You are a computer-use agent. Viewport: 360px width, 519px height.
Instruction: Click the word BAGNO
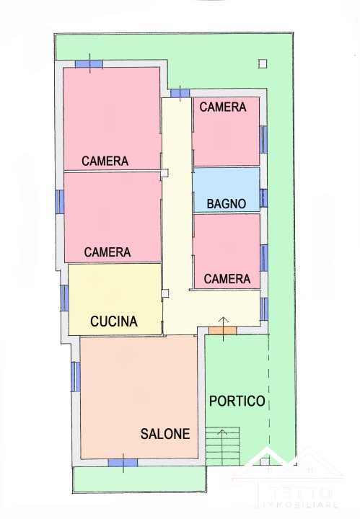coord(227,203)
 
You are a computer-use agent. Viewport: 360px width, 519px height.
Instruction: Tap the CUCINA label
coord(113,321)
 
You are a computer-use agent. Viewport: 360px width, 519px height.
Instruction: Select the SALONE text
coord(165,434)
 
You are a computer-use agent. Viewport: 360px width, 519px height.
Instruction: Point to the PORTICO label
coord(237,401)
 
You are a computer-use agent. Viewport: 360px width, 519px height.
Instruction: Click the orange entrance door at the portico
coord(222,330)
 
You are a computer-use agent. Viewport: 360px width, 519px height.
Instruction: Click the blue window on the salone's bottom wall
coord(123,463)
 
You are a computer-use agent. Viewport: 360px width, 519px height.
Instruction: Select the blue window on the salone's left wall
coord(76,377)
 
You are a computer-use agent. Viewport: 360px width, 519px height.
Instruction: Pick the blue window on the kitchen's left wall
coord(65,298)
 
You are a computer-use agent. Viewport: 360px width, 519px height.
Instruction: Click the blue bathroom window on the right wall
coord(263,198)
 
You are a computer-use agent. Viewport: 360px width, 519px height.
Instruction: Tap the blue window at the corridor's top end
coord(180,93)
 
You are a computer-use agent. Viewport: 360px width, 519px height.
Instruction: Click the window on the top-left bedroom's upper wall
coord(89,64)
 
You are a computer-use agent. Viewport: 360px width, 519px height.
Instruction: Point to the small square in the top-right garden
coord(263,63)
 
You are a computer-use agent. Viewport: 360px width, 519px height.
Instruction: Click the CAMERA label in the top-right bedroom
coord(223,107)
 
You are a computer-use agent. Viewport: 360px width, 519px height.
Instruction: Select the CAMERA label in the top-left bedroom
coord(105,161)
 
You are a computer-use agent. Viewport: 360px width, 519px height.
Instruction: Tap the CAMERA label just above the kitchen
coord(107,252)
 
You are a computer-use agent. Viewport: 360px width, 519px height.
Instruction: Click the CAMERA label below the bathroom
coord(227,279)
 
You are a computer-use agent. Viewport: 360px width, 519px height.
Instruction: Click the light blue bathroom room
coord(227,190)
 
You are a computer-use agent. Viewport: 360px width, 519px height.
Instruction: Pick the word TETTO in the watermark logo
coord(300,493)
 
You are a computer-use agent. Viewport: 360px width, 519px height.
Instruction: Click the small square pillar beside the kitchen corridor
coord(165,293)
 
